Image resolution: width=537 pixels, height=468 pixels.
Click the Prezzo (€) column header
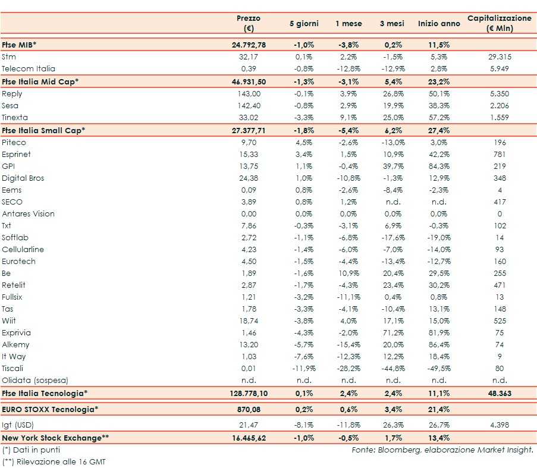coord(249,23)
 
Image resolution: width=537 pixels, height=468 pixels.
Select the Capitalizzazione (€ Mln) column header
coord(499,23)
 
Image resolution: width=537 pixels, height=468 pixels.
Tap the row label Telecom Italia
coord(29,69)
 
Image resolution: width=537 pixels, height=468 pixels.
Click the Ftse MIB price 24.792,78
coord(249,45)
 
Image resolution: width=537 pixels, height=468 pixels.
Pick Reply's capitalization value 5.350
coord(500,94)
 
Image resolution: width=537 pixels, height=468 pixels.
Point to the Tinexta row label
coord(15,118)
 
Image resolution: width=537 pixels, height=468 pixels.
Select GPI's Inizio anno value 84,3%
coord(439,166)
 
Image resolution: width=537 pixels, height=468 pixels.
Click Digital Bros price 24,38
coord(249,178)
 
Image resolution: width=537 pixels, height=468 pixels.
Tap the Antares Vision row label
coord(28,213)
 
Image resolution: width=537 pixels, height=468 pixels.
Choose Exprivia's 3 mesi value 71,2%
coord(392,332)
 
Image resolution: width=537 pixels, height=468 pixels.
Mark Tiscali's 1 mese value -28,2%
coord(348,368)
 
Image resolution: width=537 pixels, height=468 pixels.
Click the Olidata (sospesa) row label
coord(35,380)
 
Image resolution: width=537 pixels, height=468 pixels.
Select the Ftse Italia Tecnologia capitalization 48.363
coord(500,393)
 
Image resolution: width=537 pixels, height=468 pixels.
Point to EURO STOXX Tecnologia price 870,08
coord(249,410)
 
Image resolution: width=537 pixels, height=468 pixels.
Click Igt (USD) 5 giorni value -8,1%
coord(303,425)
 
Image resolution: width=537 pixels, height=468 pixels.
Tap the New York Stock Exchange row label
coord(55,438)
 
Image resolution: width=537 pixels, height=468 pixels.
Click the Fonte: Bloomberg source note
coord(442,450)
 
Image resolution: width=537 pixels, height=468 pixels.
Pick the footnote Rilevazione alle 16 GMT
coord(54,461)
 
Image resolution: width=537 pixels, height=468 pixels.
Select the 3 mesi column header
coord(392,24)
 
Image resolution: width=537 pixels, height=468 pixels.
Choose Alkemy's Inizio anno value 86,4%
coord(439,344)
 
